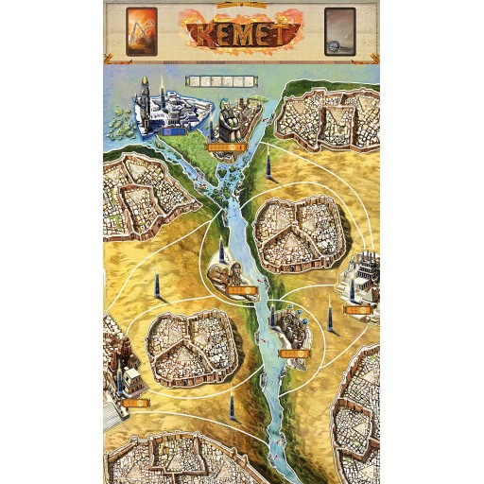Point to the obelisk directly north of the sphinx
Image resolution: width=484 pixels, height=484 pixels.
221,251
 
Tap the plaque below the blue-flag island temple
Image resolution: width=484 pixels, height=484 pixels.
295,354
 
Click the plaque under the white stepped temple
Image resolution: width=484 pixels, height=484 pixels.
357,309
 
